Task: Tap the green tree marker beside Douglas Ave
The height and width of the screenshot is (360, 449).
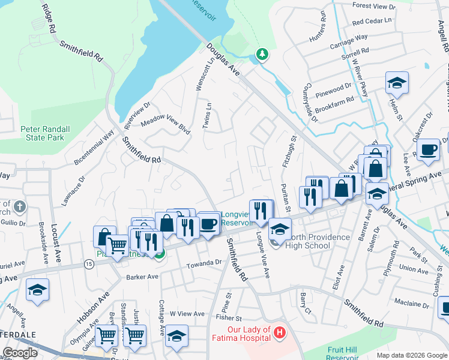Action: pyautogui.click(x=262, y=55)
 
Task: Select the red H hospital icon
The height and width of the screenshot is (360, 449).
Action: pyautogui.click(x=279, y=331)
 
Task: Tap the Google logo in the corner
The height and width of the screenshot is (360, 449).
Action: pyautogui.click(x=19, y=353)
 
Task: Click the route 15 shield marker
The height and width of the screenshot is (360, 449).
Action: pyautogui.click(x=89, y=263)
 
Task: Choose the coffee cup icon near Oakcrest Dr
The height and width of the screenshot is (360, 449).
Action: pyautogui.click(x=428, y=149)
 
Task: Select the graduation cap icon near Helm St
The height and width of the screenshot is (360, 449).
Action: pyautogui.click(x=397, y=83)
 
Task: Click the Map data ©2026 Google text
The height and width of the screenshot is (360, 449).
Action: pyautogui.click(x=411, y=355)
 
